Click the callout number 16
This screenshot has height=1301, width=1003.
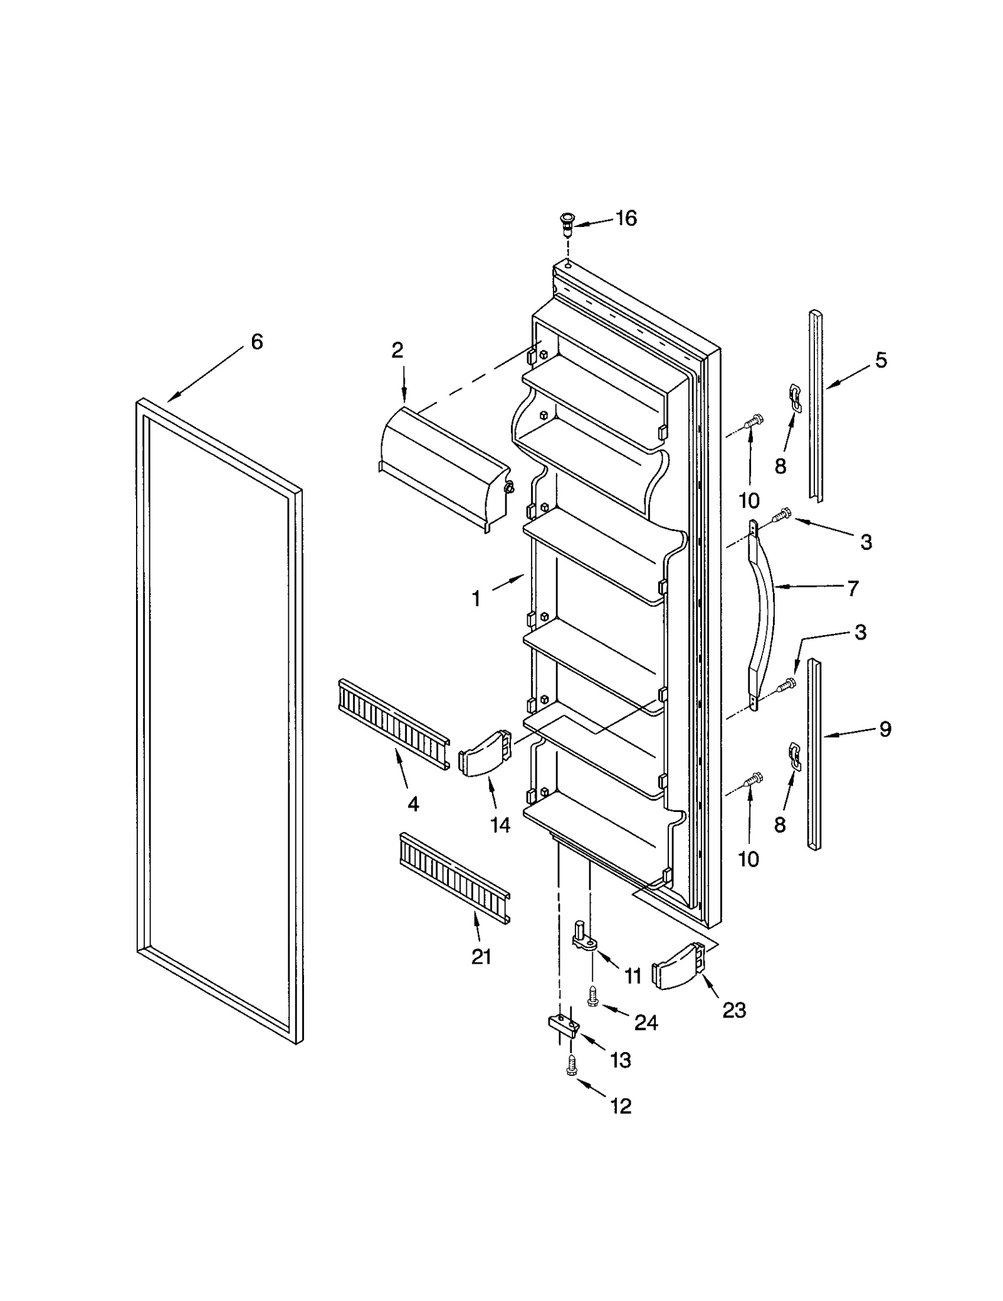(x=625, y=218)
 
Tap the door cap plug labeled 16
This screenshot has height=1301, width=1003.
(x=567, y=222)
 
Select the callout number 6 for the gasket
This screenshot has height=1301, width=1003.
(x=256, y=342)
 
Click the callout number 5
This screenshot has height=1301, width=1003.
(x=881, y=360)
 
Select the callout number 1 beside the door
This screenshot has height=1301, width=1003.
(x=476, y=599)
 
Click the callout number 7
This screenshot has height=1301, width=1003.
(x=852, y=589)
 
